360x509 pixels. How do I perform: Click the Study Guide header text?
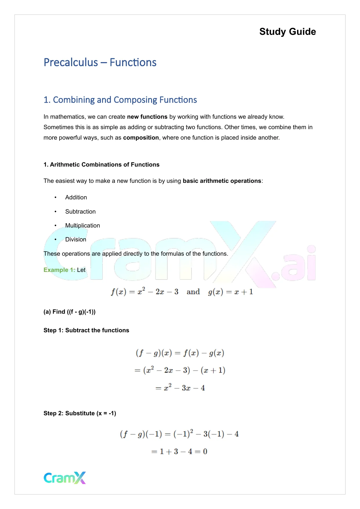point(287,32)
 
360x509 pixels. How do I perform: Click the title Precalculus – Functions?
point(100,62)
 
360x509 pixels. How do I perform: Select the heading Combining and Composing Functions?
point(120,100)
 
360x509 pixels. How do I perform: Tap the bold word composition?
point(141,138)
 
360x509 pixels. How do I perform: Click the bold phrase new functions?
point(147,117)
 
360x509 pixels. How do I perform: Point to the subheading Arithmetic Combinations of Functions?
point(102,165)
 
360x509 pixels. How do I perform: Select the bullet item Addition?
point(76,197)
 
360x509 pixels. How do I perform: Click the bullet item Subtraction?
point(80,212)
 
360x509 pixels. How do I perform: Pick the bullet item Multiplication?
point(82,225)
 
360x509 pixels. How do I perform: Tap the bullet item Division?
point(76,239)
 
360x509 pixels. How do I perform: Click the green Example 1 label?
point(59,270)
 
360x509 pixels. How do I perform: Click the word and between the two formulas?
point(193,292)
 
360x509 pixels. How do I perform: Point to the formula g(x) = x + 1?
point(230,292)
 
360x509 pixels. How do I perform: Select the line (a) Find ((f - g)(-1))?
point(69,312)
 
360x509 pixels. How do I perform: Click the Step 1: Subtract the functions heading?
point(86,330)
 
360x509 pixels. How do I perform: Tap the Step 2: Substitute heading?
point(80,413)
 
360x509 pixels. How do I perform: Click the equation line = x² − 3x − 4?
point(180,388)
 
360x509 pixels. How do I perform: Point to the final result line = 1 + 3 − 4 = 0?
point(179,452)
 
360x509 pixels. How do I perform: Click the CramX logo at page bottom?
point(65,478)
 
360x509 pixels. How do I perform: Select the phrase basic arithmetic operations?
point(222,181)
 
